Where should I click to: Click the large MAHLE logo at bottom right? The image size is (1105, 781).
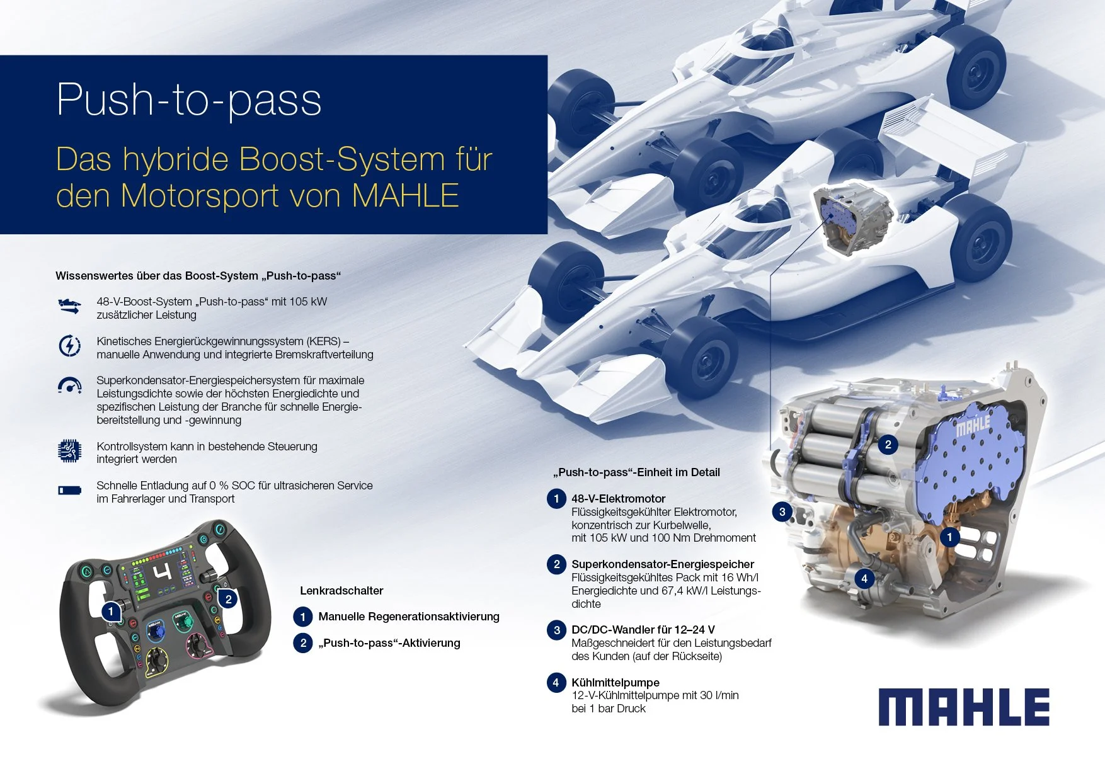click(964, 707)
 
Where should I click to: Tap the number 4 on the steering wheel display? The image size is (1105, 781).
click(163, 573)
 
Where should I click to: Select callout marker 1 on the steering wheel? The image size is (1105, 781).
click(111, 611)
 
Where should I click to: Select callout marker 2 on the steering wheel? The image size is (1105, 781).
click(229, 599)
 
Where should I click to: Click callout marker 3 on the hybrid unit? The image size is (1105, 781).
click(782, 511)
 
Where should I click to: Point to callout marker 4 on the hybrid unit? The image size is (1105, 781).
click(864, 578)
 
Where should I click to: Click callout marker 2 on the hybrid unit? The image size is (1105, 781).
click(888, 445)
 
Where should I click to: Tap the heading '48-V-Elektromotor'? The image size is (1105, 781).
click(618, 499)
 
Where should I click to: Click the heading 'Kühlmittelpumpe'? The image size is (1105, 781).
click(615, 682)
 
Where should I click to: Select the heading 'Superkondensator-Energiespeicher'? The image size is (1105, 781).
click(662, 564)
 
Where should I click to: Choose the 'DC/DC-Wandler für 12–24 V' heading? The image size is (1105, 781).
click(643, 630)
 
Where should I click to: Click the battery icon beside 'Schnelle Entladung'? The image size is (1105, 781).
click(69, 490)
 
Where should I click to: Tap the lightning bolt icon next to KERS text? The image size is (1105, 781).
click(69, 346)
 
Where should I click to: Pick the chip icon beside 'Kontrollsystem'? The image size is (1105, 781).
click(69, 451)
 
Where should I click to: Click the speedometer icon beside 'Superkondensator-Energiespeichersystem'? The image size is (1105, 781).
click(69, 385)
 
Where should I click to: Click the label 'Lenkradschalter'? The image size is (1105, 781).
click(341, 591)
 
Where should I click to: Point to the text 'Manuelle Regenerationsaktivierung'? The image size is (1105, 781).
click(408, 617)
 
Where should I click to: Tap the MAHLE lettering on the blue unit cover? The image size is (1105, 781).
click(973, 426)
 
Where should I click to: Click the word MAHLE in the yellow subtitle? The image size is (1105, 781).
click(405, 195)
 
